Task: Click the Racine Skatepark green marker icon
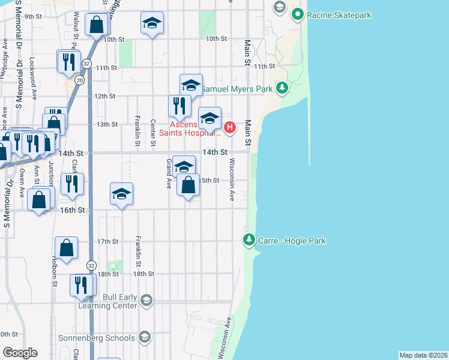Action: point(297,14)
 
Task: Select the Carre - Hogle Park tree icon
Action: point(249,241)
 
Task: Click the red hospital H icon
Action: point(230,127)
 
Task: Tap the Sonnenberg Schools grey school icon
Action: point(144,338)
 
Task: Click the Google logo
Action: point(19,353)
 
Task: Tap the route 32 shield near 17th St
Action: point(91,265)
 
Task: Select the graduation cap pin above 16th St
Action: point(121,194)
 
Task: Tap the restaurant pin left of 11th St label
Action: point(68,61)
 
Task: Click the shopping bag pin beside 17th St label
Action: point(66,247)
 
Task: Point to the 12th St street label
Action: point(104,96)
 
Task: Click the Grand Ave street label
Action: point(169,173)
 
